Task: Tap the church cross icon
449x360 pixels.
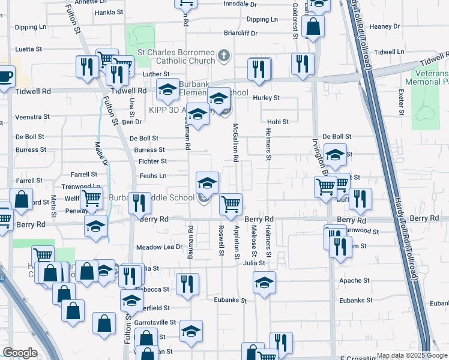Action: tap(224, 56)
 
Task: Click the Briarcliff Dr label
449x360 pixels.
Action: tap(240, 34)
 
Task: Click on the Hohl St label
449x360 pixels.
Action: tap(278, 122)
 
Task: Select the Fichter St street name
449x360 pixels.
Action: tap(152, 161)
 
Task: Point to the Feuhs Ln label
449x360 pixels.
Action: tap(152, 176)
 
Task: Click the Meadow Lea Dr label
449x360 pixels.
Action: tap(159, 247)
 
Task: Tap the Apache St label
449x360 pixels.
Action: tap(354, 280)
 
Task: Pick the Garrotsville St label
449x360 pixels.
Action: tap(155, 322)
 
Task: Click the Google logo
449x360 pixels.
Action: tap(20, 353)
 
